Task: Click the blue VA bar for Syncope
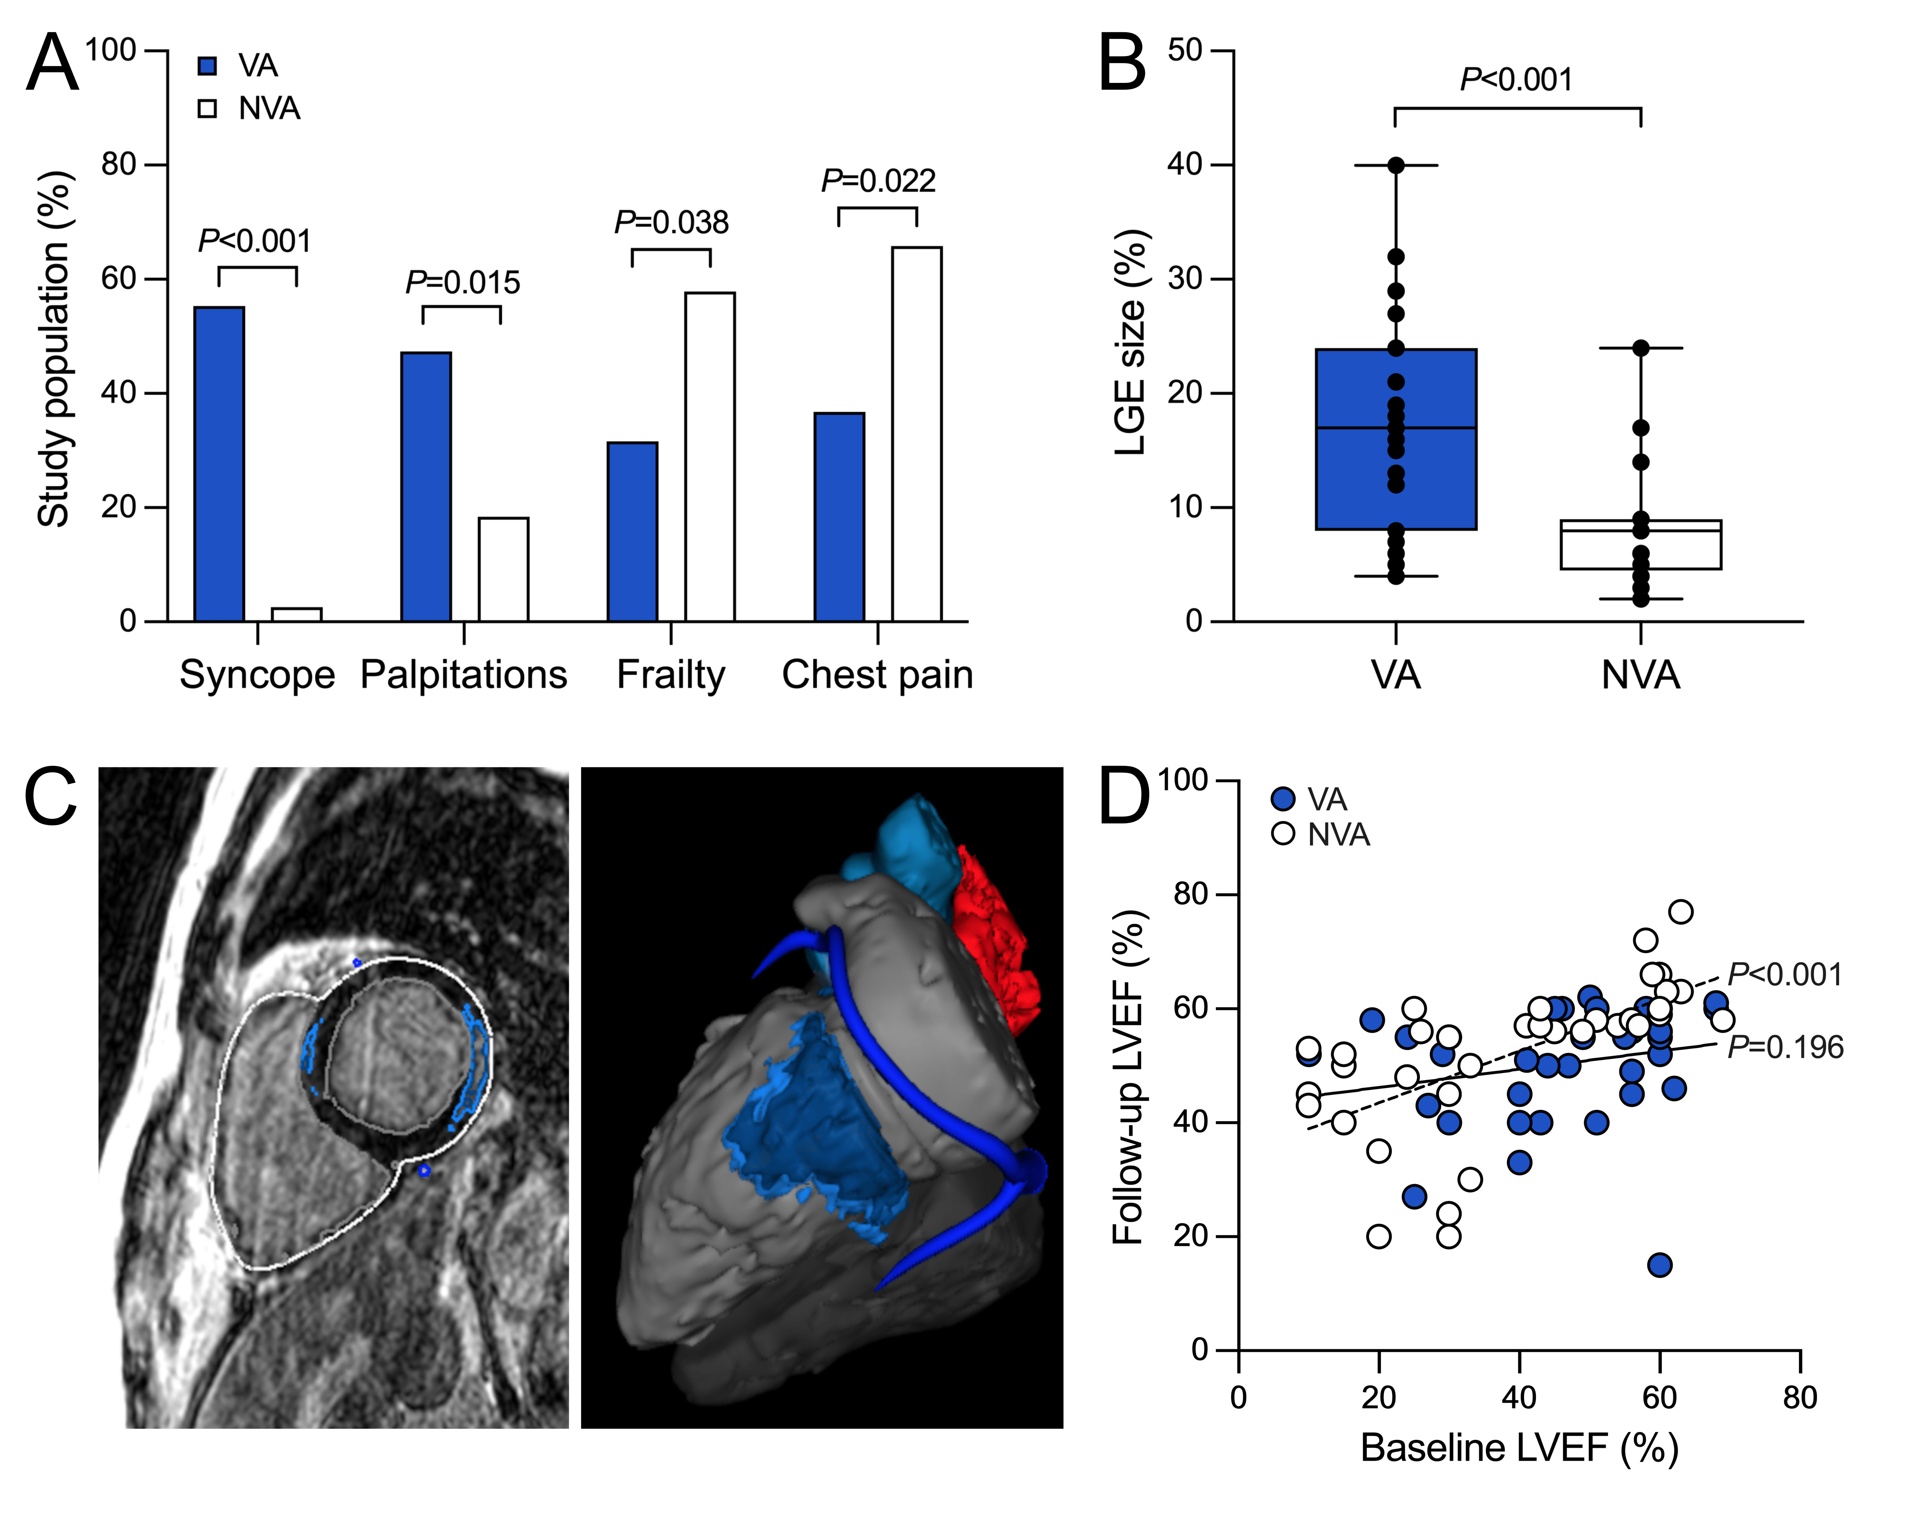tap(219, 464)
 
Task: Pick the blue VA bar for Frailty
tap(632, 532)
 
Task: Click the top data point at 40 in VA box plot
tap(1396, 166)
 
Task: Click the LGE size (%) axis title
tap(1131, 342)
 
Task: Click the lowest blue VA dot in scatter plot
tap(1659, 1265)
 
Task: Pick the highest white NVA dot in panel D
tap(1680, 911)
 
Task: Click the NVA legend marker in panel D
tap(1283, 834)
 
